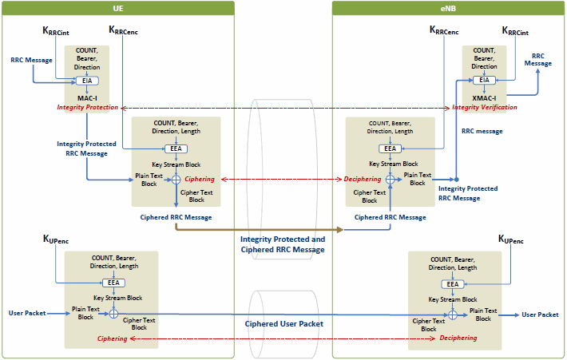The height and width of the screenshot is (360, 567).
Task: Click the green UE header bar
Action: point(118,8)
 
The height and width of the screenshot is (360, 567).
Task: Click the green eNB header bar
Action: point(448,8)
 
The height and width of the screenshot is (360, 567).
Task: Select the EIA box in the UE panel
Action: point(87,81)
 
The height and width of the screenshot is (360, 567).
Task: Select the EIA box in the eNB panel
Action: point(484,80)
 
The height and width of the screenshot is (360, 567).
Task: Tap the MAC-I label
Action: point(87,98)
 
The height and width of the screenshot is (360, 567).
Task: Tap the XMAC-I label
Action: point(484,98)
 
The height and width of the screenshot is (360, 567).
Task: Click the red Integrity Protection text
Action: point(88,107)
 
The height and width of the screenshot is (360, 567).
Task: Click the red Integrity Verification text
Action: point(485,107)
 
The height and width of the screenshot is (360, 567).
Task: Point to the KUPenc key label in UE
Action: point(56,239)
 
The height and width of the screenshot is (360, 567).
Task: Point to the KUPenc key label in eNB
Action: point(510,239)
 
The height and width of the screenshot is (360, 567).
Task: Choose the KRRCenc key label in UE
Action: point(123,30)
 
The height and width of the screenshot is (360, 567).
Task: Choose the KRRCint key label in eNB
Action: point(515,31)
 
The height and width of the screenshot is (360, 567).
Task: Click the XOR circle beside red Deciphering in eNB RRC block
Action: point(391,180)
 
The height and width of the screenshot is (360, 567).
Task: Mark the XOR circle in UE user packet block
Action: point(113,314)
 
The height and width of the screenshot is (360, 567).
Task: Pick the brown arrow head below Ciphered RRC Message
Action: point(340,229)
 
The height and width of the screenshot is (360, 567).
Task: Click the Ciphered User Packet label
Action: point(283,324)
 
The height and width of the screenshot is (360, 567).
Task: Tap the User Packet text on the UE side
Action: point(27,313)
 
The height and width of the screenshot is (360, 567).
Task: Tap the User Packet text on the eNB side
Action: point(540,315)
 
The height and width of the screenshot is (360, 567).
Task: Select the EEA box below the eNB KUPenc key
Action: point(452,284)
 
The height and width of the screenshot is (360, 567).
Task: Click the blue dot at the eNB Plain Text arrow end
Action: point(456,180)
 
